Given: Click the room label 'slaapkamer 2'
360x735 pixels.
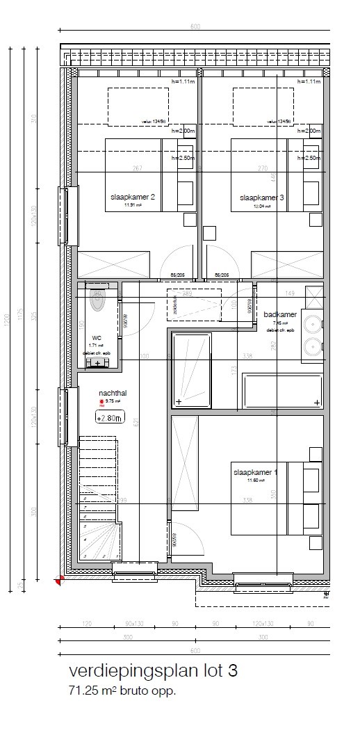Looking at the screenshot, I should pyautogui.click(x=132, y=197).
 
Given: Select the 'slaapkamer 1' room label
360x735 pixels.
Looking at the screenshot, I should pyautogui.click(x=255, y=473).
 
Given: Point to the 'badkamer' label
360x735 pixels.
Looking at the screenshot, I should pyautogui.click(x=280, y=314).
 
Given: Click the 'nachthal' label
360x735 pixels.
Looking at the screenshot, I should pyautogui.click(x=113, y=393).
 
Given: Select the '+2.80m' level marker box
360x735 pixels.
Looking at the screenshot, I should pyautogui.click(x=110, y=418).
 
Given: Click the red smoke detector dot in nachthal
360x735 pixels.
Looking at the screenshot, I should pyautogui.click(x=101, y=402).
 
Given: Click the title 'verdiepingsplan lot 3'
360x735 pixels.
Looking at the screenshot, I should pyautogui.click(x=153, y=671).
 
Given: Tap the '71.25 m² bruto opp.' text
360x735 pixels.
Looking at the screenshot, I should pyautogui.click(x=121, y=691).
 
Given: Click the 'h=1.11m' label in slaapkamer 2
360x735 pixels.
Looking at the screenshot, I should pyautogui.click(x=183, y=81).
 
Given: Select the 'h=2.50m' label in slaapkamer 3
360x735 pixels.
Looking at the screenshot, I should pyautogui.click(x=309, y=158).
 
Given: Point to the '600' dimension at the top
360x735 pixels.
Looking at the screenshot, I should pyautogui.click(x=195, y=27).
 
